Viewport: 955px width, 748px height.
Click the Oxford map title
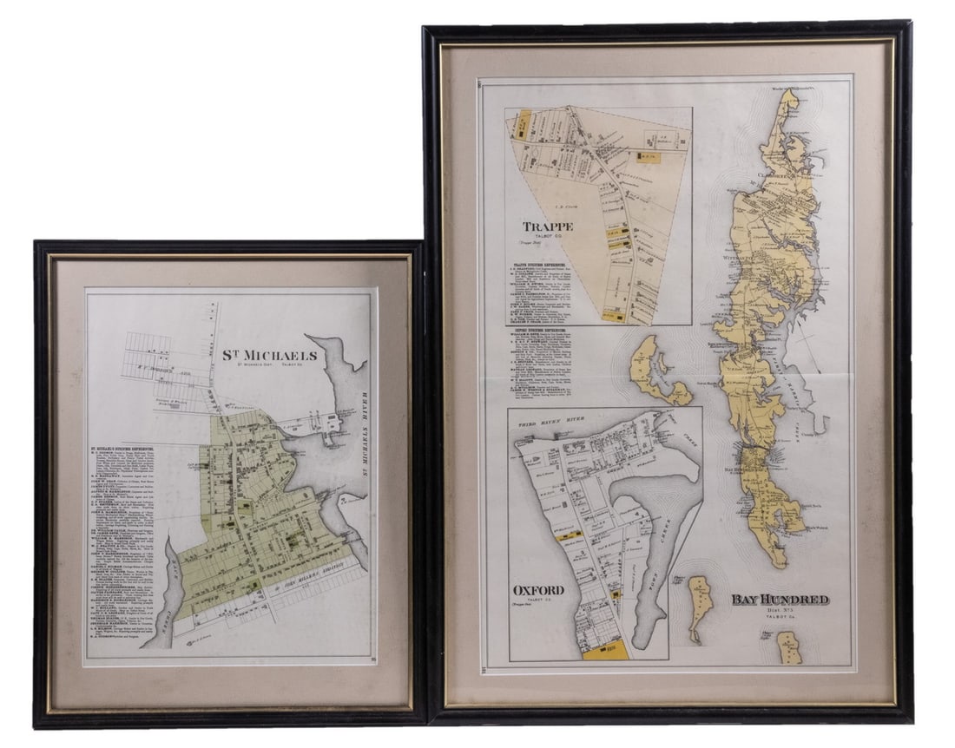(538, 591)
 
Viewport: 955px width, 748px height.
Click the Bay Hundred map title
(779, 600)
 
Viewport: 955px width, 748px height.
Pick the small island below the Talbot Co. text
(788, 647)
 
